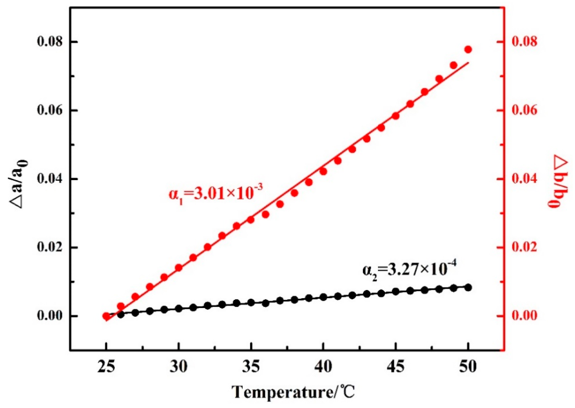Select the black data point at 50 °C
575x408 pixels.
(x=468, y=287)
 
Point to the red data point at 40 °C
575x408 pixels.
(x=323, y=172)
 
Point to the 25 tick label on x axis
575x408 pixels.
(x=107, y=367)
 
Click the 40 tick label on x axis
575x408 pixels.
(x=323, y=367)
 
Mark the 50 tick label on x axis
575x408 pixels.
(x=468, y=367)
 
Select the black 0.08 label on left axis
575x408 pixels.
(x=50, y=42)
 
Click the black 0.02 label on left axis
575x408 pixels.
(x=50, y=248)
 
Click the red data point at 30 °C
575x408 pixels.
(x=179, y=268)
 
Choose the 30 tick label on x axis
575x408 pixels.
(x=179, y=367)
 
